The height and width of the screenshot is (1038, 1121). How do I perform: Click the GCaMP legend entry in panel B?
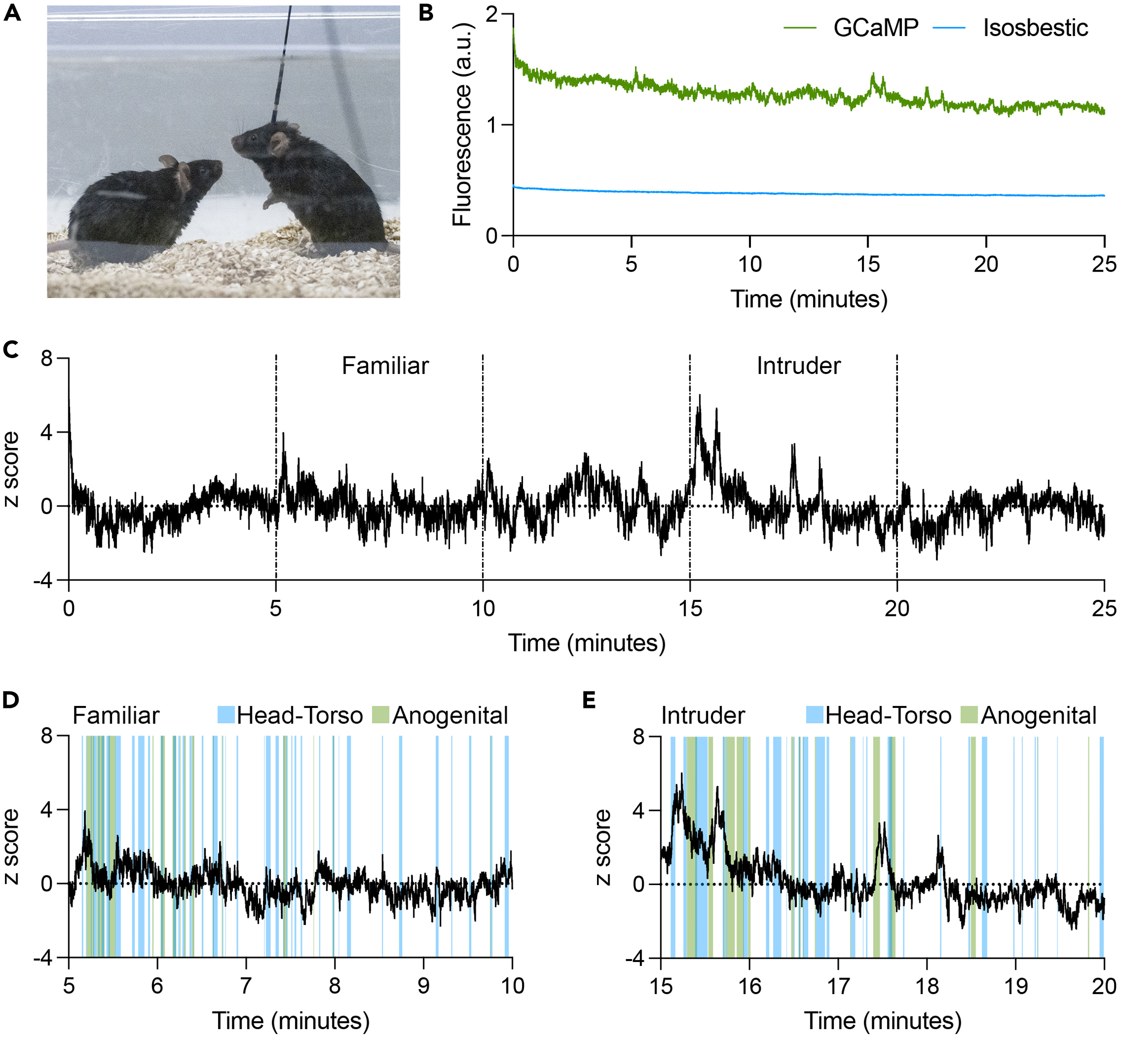point(875,27)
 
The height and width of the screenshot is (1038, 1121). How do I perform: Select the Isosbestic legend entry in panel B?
point(1035,27)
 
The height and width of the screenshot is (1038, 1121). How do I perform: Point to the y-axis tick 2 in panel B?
point(492,14)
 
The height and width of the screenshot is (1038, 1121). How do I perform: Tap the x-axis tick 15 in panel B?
point(868,264)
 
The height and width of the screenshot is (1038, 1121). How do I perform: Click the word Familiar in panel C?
point(385,366)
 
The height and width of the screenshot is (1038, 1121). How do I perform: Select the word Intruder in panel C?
point(798,366)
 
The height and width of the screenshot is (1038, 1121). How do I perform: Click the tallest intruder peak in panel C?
point(699,396)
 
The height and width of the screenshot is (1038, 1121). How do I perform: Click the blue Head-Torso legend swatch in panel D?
point(226,715)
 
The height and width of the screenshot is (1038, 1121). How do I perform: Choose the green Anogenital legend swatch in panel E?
point(969,715)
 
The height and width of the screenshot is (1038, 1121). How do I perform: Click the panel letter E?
point(588,700)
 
